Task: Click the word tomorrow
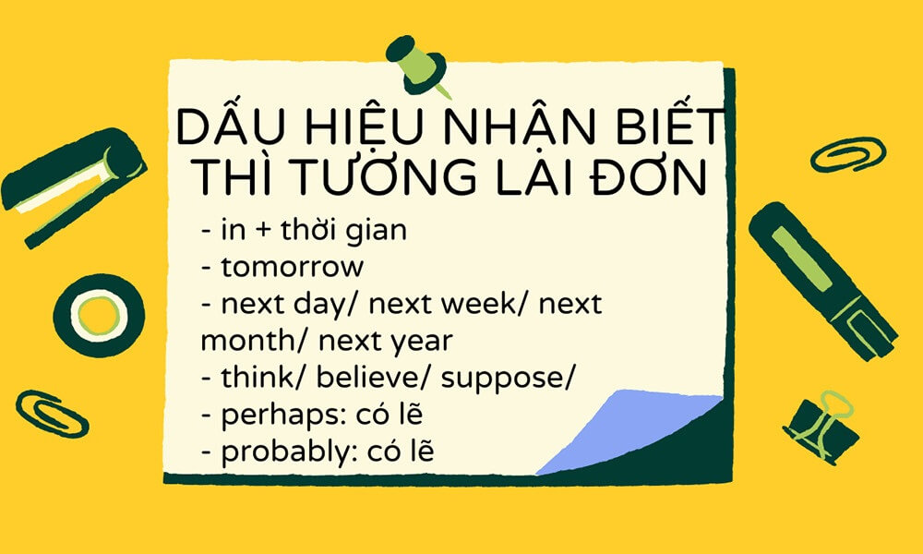pyautogui.click(x=293, y=268)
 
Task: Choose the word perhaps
pyautogui.click(x=273, y=415)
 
